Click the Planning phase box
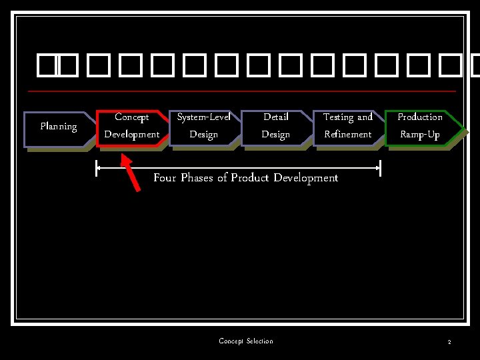click(58, 127)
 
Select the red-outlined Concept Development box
click(132, 126)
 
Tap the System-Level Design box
click(203, 126)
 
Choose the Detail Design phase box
click(275, 126)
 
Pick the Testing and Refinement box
click(347, 126)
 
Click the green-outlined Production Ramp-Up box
click(420, 126)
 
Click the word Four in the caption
click(165, 178)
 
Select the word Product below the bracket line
click(250, 178)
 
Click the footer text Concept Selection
click(246, 341)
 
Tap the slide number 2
click(449, 342)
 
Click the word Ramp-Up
click(420, 135)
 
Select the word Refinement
click(347, 135)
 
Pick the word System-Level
click(203, 117)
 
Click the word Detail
click(275, 117)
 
